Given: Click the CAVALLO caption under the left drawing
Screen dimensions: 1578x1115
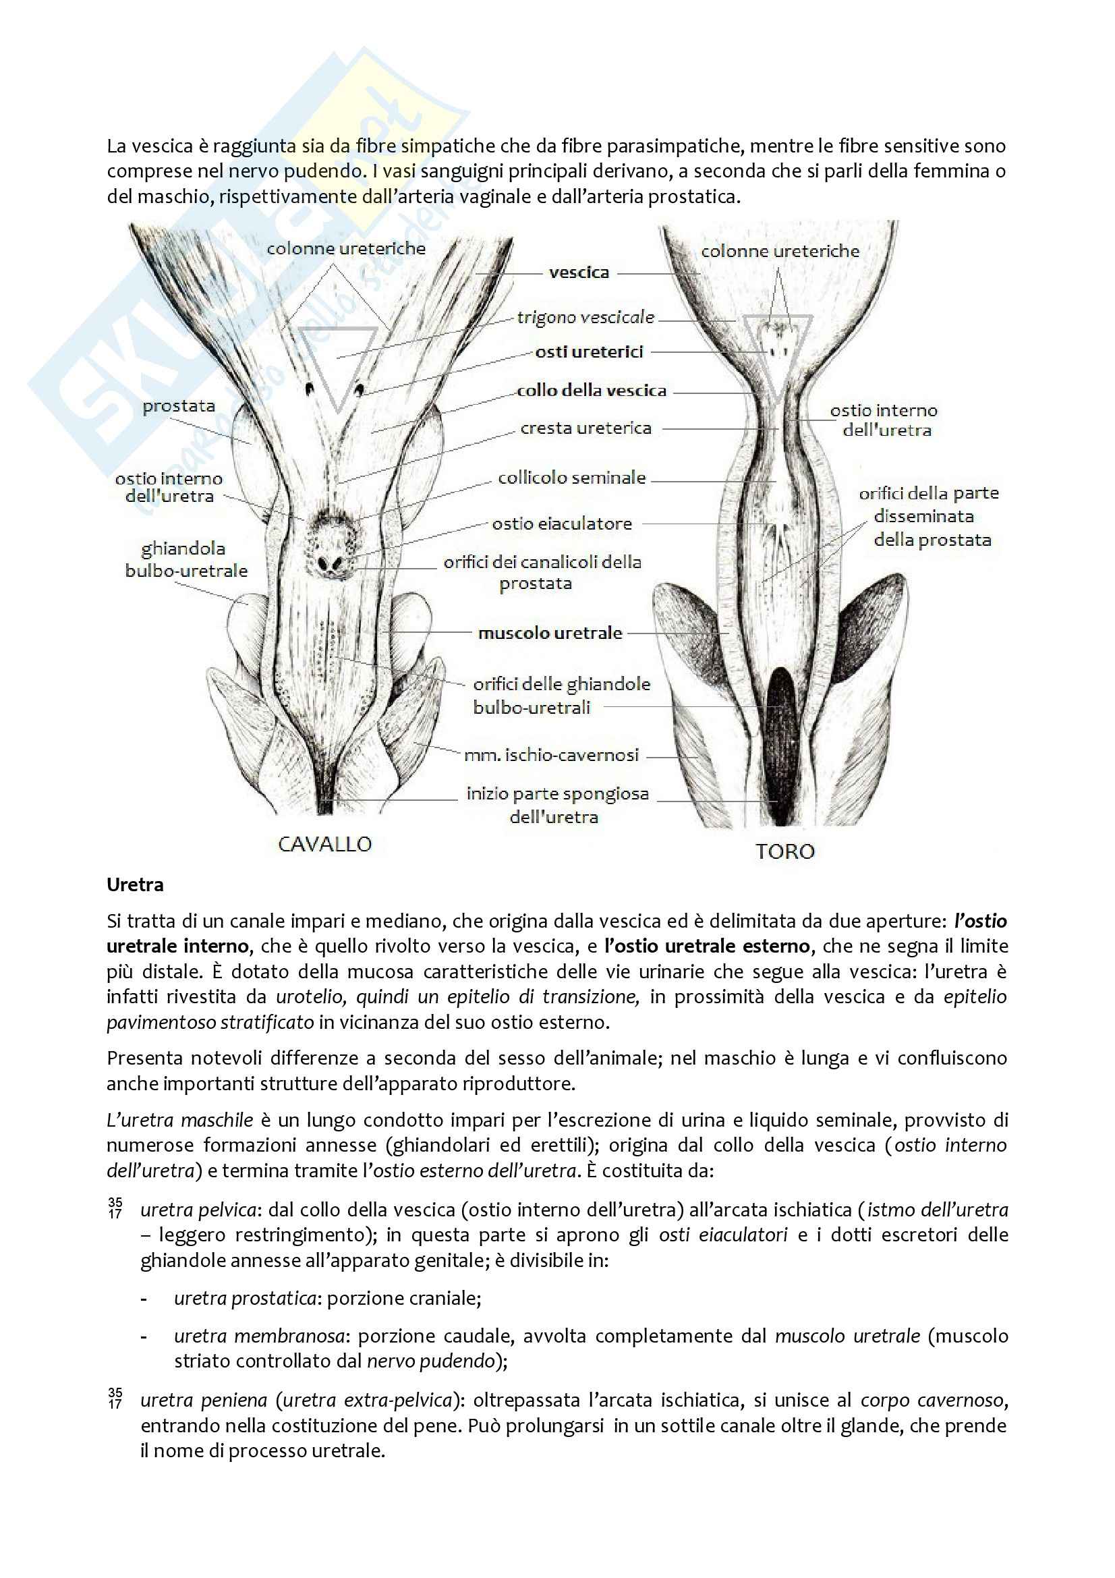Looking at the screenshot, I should click(324, 844).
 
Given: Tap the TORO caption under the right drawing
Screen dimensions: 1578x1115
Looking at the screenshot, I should click(784, 851).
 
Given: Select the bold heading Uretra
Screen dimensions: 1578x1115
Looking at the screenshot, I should click(135, 884).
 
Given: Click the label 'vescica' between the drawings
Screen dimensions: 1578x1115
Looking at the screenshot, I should click(579, 273).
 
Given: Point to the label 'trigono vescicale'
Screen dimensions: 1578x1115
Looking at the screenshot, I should click(585, 318).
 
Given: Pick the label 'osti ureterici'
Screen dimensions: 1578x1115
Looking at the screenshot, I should click(589, 352).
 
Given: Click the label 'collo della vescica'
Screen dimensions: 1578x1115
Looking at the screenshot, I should click(592, 391).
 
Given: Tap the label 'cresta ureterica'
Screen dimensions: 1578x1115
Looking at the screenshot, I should click(585, 428).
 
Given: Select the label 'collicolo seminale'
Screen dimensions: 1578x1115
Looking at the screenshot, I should click(571, 478).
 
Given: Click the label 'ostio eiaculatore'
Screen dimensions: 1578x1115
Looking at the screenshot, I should click(561, 524).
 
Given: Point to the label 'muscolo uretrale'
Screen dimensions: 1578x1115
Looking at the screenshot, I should click(550, 633).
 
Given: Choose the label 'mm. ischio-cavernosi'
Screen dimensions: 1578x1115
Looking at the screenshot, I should click(551, 756).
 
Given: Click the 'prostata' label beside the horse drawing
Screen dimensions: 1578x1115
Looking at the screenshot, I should click(179, 406).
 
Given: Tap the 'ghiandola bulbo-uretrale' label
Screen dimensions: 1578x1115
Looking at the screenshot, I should click(185, 559).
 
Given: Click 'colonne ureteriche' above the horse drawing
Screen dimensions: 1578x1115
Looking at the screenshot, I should click(345, 249).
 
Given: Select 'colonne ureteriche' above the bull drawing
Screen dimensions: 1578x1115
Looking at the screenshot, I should click(780, 252).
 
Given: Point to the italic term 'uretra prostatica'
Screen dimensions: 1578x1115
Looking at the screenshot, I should click(245, 1298).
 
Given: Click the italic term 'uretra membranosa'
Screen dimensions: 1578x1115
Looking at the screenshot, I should click(259, 1336).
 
